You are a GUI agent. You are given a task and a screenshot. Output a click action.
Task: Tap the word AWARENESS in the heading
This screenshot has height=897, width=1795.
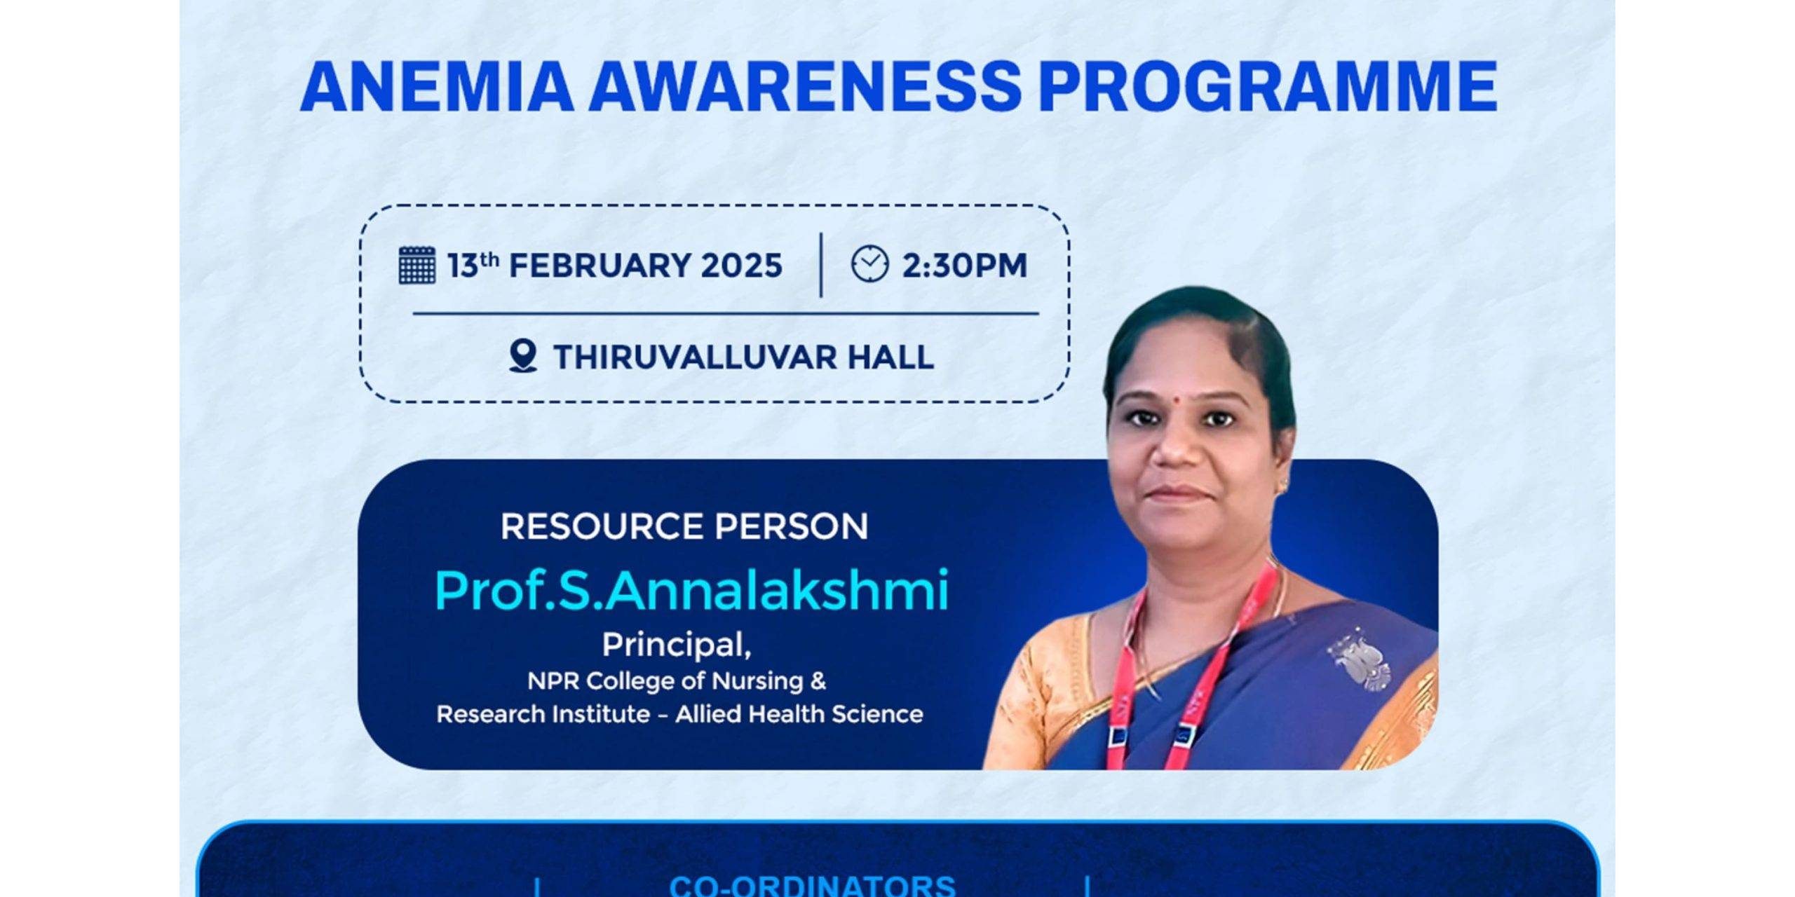tap(805, 86)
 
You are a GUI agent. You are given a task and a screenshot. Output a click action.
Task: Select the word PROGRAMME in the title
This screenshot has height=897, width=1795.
tap(1268, 86)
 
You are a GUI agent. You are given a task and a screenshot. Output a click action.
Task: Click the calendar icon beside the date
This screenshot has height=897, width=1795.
tap(417, 265)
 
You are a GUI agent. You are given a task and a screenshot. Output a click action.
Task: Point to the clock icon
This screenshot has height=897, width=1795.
tap(869, 263)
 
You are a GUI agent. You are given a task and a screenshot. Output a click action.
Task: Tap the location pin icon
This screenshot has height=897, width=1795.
tap(523, 356)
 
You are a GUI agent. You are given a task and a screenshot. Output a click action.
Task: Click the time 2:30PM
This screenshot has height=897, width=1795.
tap(964, 266)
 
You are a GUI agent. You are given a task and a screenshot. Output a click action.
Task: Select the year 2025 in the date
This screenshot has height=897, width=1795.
tap(742, 266)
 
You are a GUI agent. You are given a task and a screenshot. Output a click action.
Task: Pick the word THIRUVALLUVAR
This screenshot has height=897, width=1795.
tap(694, 357)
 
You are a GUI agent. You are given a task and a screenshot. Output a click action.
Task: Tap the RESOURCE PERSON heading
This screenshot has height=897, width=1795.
tap(684, 526)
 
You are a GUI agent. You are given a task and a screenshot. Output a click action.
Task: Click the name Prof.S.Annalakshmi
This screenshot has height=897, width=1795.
tap(691, 591)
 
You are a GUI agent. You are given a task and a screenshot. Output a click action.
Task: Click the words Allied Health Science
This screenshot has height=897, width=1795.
tap(799, 714)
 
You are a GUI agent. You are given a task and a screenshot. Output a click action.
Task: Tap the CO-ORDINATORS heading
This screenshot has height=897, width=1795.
tap(813, 885)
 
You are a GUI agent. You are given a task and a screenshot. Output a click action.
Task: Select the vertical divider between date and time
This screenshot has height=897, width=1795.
tap(821, 265)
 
